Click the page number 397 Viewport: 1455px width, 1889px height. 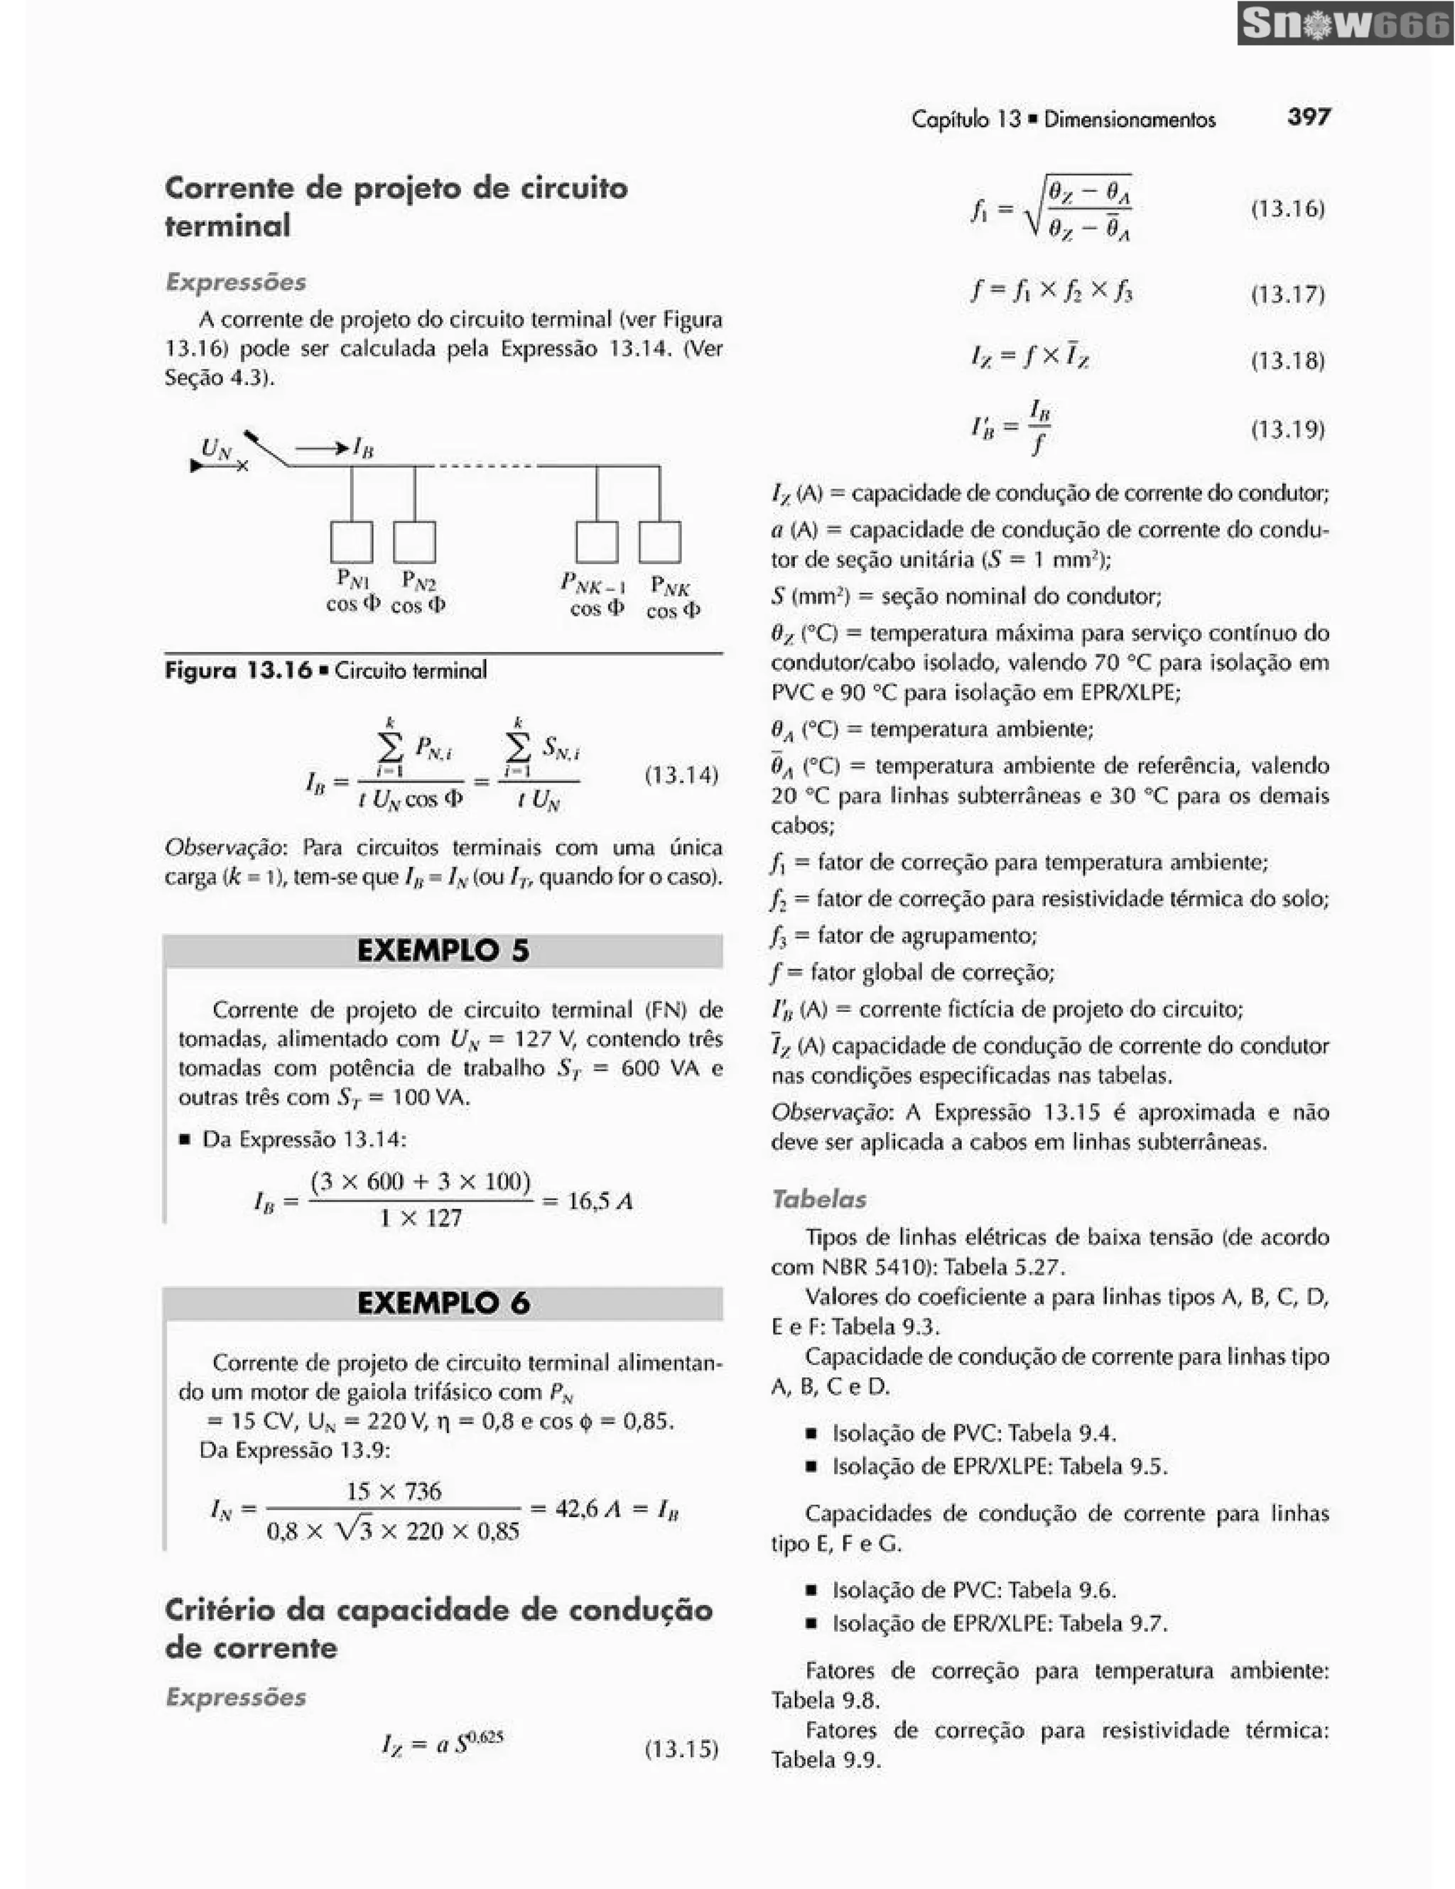1309,116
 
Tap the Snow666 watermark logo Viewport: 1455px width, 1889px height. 1345,23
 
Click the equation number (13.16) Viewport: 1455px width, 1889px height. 1287,209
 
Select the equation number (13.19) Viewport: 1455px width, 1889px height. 1287,429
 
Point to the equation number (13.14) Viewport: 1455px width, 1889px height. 681,774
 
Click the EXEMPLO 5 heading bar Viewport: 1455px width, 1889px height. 443,951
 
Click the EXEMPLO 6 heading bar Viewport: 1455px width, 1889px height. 443,1302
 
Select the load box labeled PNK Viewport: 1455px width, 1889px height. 659,541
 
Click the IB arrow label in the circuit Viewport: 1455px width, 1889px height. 362,447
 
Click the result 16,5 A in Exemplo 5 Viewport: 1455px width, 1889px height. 600,1201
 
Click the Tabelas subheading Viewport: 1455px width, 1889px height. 818,1199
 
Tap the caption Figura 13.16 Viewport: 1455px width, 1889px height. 238,670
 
